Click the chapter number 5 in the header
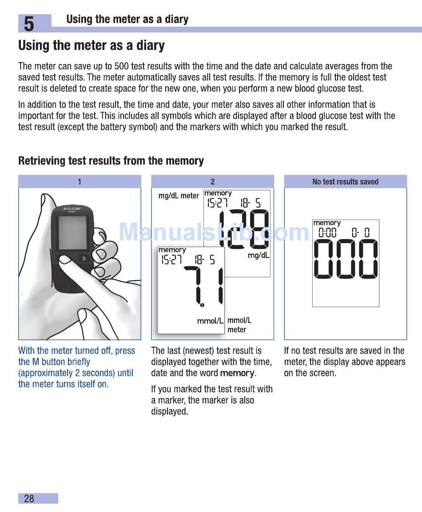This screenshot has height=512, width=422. (x=28, y=24)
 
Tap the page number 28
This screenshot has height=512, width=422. (x=29, y=499)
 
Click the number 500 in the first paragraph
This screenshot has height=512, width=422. (x=121, y=66)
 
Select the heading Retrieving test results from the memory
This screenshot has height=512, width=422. (x=111, y=161)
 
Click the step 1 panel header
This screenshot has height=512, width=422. (x=80, y=181)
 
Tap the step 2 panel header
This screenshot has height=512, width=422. (x=212, y=181)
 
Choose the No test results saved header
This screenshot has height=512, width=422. (x=345, y=181)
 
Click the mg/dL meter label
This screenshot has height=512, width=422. (x=179, y=196)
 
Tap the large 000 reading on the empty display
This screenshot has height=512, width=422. (x=346, y=260)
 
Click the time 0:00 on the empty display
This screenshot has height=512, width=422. (x=327, y=232)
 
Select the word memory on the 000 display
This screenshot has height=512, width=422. (x=327, y=223)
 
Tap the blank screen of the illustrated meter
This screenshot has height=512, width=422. (x=72, y=233)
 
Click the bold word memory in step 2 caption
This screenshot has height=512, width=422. (x=238, y=373)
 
